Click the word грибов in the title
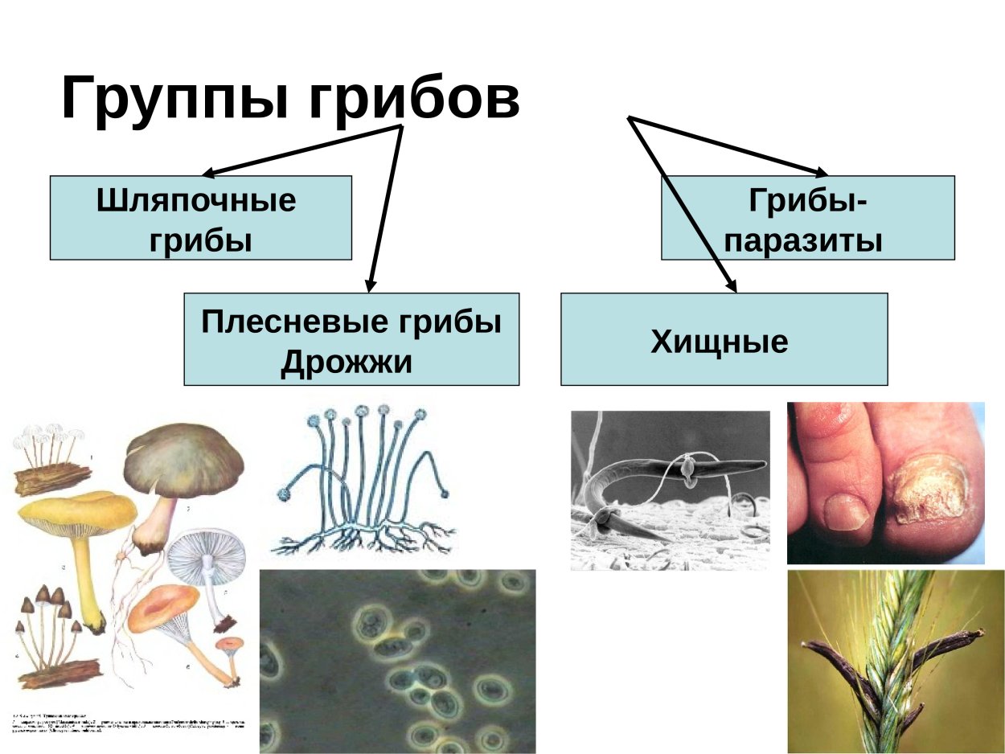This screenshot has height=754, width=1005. (x=413, y=98)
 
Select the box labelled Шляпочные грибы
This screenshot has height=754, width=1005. (x=200, y=218)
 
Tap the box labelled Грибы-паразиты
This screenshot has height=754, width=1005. (x=808, y=218)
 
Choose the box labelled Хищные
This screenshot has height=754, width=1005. (x=724, y=339)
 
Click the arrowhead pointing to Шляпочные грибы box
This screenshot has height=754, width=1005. (x=208, y=172)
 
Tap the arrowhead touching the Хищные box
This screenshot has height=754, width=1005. (x=731, y=284)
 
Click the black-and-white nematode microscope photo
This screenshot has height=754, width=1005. (x=669, y=490)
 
